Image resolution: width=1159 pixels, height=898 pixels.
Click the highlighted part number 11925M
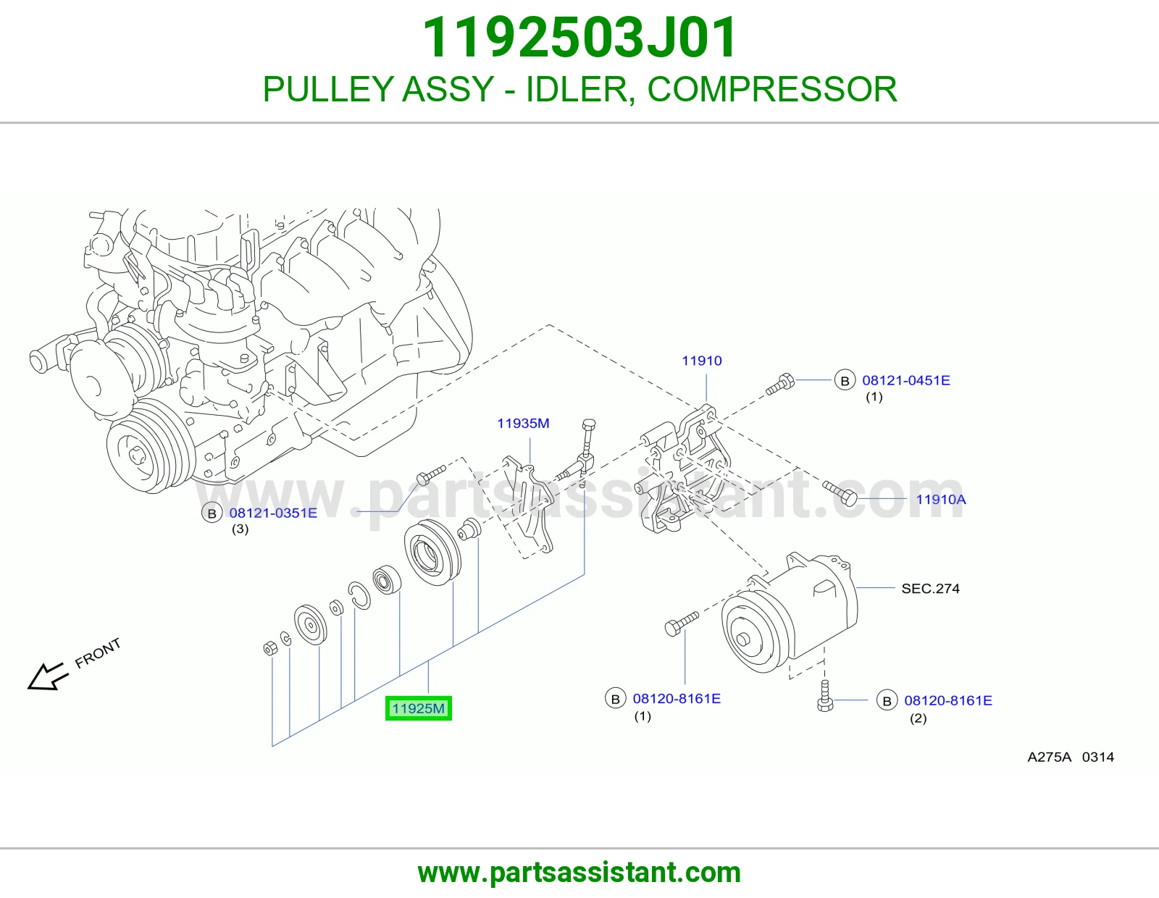418,708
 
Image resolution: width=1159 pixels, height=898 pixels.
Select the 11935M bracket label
523,424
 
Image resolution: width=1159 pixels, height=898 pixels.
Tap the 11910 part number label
701,361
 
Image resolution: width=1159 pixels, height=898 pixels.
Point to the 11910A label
941,499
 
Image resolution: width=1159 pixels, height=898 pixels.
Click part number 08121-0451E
905,380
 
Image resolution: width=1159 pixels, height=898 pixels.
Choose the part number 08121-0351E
273,513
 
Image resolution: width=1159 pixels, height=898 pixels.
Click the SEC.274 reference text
930,588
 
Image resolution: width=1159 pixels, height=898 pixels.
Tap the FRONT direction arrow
48,676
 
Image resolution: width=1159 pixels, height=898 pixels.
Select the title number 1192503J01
579,38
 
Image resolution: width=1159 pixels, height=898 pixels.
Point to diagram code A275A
1049,757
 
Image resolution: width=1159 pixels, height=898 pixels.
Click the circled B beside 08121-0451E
845,381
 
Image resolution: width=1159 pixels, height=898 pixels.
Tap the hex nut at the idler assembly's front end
270,648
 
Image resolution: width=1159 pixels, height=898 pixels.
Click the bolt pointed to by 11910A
840,493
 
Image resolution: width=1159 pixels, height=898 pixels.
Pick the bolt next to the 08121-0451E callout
779,385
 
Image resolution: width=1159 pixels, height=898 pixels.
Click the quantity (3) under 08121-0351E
240,529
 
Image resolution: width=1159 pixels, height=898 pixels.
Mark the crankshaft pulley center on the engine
136,455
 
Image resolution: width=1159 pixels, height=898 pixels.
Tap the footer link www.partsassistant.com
579,873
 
